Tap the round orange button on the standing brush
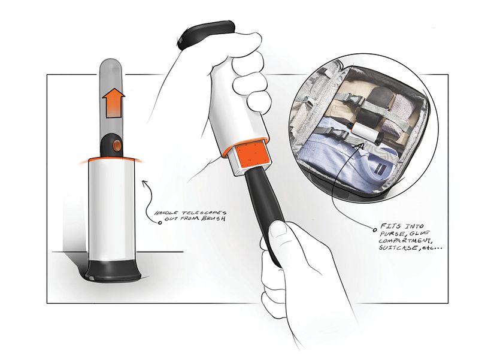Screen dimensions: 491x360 coord(117,145)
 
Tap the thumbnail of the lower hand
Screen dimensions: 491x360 coord(278,230)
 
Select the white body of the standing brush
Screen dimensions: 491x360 coord(112,209)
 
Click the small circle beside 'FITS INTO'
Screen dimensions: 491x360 coord(374,230)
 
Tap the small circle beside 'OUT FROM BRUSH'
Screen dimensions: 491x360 coord(160,223)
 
